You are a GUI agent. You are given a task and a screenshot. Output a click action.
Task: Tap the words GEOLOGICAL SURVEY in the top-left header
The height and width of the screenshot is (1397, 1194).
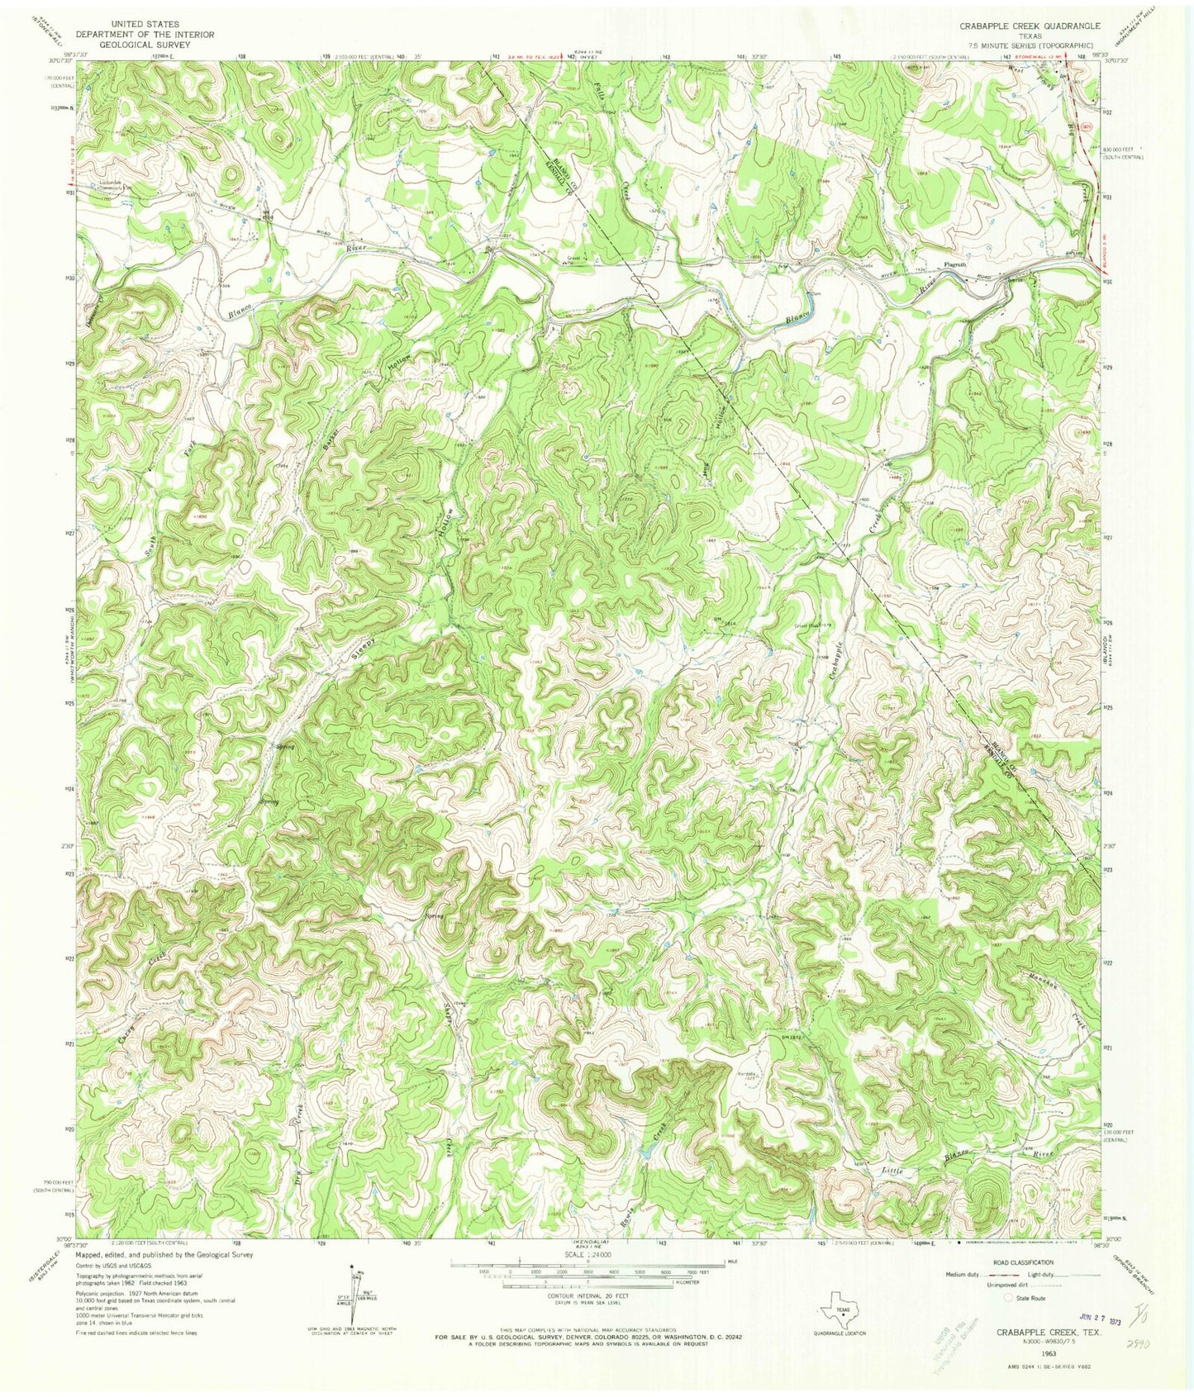(x=133, y=45)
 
